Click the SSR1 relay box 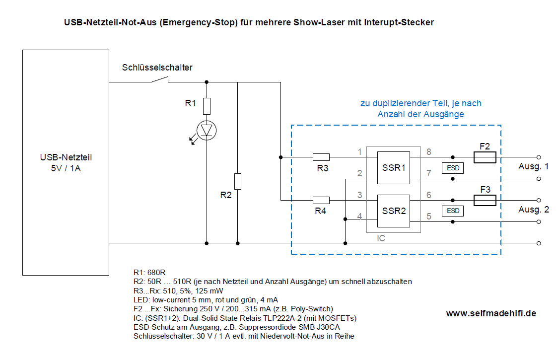[393, 168]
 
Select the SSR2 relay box [393, 211]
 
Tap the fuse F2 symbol [485, 158]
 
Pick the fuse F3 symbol [485, 200]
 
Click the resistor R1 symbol [207, 106]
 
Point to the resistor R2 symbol [238, 181]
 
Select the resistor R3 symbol [321, 157]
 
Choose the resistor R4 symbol [321, 200]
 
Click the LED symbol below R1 [207, 130]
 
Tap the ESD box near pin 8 [452, 168]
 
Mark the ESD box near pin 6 [452, 211]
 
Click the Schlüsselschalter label [157, 68]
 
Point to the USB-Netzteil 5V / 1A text [66, 162]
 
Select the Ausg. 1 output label [534, 166]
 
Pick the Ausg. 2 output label [534, 210]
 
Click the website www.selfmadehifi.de [490, 313]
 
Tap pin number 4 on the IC [359, 216]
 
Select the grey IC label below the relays [381, 238]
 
